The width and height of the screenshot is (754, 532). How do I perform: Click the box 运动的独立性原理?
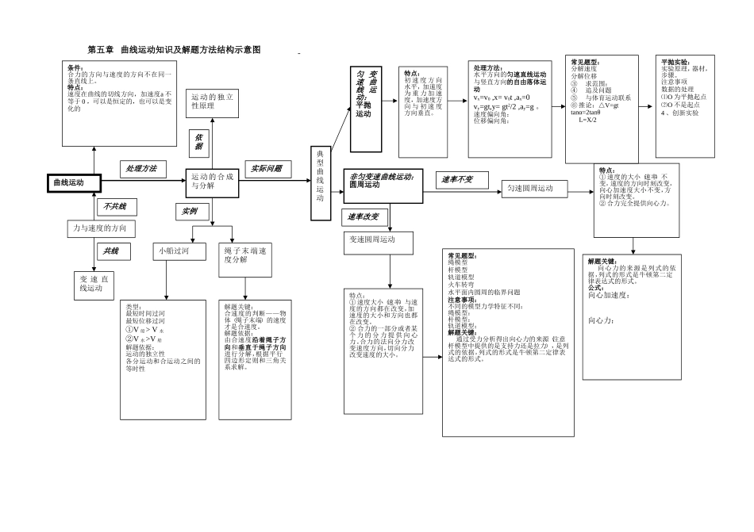tap(212, 101)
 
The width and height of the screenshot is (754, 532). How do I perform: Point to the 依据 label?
tap(198, 141)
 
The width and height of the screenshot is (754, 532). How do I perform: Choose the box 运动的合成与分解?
tap(212, 182)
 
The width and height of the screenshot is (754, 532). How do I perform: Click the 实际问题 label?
tap(267, 169)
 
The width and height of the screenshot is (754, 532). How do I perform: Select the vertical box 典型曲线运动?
tap(320, 183)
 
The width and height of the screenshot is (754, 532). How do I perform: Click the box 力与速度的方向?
tap(100, 229)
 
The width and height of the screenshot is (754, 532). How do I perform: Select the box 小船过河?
tap(173, 251)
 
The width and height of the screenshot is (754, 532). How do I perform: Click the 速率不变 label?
tap(457, 180)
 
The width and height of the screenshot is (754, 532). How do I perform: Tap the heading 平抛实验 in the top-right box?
tap(675, 62)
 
